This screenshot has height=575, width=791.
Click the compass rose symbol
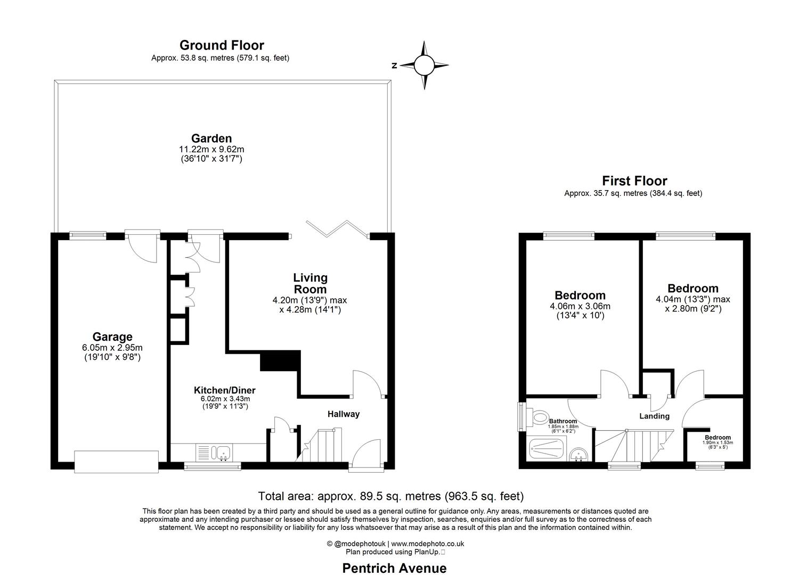click(424, 65)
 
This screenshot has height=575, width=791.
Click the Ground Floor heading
click(221, 45)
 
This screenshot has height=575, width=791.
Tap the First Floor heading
click(634, 181)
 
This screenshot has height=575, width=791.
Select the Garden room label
click(211, 139)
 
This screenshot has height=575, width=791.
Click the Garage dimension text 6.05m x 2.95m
click(112, 348)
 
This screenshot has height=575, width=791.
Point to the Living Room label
click(310, 283)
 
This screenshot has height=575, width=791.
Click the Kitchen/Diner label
click(224, 390)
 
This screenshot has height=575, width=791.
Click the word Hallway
click(343, 414)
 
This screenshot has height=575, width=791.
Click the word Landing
click(654, 416)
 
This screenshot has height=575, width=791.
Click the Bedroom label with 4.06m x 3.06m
click(580, 295)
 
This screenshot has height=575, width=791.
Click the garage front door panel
click(116, 462)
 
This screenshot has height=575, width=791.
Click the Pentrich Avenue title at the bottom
click(394, 568)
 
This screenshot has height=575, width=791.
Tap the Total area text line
click(390, 496)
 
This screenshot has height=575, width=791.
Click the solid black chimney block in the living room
click(281, 360)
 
